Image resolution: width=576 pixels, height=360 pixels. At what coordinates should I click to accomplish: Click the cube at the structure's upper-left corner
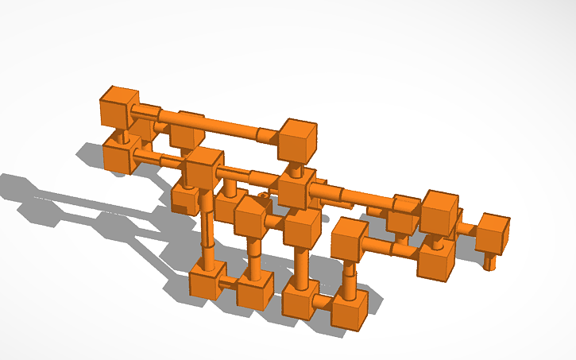click(118, 106)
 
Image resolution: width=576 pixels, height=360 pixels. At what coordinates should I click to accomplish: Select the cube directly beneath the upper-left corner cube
click(122, 153)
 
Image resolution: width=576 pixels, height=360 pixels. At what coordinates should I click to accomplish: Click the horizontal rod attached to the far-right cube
click(468, 230)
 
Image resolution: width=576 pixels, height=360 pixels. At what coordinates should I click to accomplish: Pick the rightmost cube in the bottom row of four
click(350, 309)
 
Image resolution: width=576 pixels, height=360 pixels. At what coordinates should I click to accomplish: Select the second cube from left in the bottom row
click(255, 289)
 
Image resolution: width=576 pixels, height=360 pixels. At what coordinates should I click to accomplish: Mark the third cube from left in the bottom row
click(301, 300)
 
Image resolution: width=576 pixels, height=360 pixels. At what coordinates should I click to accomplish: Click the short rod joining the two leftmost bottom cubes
click(231, 281)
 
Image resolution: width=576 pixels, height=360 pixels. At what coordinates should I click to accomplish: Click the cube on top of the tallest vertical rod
click(203, 166)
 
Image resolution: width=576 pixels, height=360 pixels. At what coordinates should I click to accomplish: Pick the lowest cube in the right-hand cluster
click(436, 260)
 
